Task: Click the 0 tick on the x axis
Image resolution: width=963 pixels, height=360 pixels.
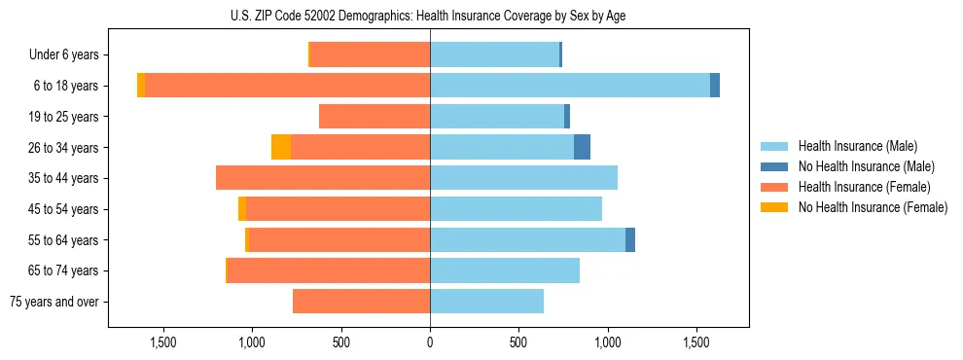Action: (x=430, y=342)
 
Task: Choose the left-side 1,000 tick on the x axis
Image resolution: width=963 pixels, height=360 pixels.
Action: (x=252, y=342)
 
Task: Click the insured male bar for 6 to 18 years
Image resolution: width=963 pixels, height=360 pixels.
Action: (x=570, y=86)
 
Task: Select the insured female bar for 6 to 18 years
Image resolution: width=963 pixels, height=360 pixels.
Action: (x=287, y=86)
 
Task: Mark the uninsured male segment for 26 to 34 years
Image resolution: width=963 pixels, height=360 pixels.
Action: (x=582, y=147)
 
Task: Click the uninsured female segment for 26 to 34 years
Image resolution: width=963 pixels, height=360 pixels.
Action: (x=281, y=147)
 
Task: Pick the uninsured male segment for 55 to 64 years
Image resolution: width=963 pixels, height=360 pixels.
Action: (x=630, y=239)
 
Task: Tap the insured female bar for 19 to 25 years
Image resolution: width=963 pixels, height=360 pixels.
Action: (x=374, y=117)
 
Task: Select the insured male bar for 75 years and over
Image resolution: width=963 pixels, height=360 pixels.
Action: (x=486, y=302)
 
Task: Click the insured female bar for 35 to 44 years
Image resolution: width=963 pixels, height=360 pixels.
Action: (x=323, y=178)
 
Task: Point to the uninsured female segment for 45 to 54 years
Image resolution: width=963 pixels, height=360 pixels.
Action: (x=242, y=209)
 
